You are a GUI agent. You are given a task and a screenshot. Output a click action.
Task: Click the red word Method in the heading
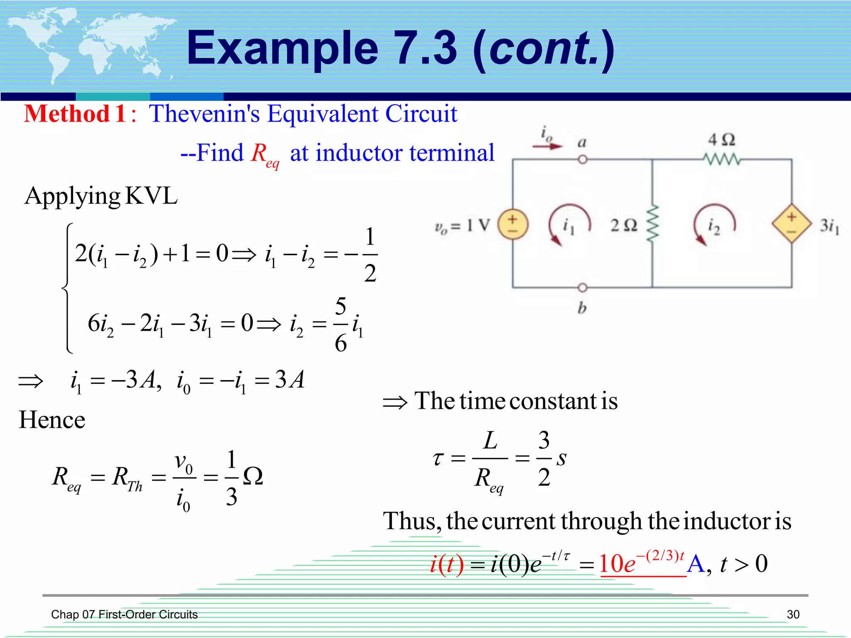coord(66,114)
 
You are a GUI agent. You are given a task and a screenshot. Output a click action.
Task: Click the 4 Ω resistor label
coord(721,140)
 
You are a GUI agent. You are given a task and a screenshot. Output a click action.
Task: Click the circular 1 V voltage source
coord(513,225)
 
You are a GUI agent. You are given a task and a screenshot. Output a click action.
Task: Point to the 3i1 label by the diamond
coord(829,226)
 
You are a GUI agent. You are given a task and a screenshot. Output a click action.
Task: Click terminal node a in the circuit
coord(583,159)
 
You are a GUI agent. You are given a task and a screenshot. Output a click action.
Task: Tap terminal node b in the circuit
coord(583,287)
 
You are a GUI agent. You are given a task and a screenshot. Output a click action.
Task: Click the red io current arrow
coord(547,146)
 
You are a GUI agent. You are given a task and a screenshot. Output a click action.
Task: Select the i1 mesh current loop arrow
coord(568,225)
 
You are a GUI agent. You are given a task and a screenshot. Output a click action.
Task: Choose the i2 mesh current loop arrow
coord(713,225)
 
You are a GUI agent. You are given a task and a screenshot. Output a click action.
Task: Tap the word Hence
coord(52,420)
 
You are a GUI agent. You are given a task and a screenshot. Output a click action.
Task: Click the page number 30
coord(793,614)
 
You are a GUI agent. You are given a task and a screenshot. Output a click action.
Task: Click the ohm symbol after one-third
coord(253,476)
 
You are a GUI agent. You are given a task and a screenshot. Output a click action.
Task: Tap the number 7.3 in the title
coord(426,49)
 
